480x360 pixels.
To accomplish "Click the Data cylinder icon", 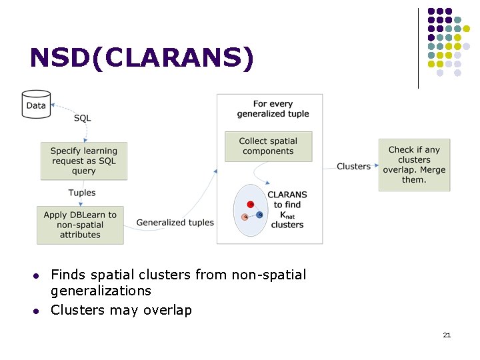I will click(x=36, y=105).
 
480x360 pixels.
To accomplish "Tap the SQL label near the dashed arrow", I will click(x=82, y=118).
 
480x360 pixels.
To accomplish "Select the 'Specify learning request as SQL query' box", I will click(x=84, y=161).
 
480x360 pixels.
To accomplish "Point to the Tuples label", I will click(x=82, y=193).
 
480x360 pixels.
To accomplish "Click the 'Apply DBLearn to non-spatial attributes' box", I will click(x=80, y=225).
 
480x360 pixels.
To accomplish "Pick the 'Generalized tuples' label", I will click(x=175, y=223).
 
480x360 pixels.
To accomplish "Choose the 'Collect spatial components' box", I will click(x=268, y=146).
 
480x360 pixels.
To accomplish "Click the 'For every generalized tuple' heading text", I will click(x=273, y=109).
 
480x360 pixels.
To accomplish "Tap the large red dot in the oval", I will click(x=250, y=204).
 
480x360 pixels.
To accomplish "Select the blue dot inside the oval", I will click(x=259, y=215).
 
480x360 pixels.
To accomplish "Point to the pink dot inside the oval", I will click(x=245, y=217).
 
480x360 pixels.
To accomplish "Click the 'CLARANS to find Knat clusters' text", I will click(x=287, y=210).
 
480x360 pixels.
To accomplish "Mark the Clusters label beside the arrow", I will click(x=353, y=166).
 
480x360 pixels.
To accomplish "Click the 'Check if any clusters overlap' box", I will click(x=414, y=165).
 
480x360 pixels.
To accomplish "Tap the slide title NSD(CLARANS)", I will click(x=142, y=58).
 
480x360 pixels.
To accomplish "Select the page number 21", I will click(x=447, y=334).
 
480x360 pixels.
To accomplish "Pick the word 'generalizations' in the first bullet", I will click(x=101, y=291).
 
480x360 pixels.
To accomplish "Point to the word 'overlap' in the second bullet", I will click(x=169, y=310).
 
